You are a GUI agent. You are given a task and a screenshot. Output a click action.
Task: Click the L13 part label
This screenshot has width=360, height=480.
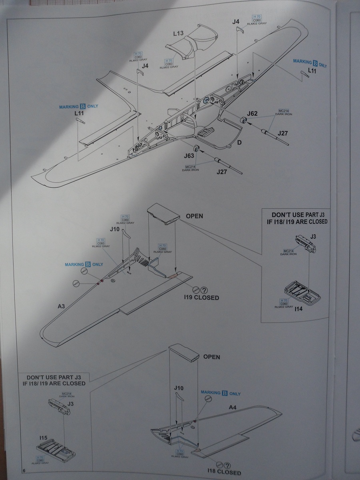(178, 33)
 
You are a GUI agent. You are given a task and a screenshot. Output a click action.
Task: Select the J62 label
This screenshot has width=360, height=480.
(252, 113)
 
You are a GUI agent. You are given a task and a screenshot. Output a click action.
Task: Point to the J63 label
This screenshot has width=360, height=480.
(189, 156)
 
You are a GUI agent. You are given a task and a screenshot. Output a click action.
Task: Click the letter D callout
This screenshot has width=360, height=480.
(240, 143)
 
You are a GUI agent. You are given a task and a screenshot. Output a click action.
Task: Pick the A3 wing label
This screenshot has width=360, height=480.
(61, 306)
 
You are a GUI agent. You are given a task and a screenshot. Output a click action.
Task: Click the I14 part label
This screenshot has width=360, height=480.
(298, 309)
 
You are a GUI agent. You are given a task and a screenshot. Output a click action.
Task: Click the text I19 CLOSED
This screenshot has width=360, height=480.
(202, 298)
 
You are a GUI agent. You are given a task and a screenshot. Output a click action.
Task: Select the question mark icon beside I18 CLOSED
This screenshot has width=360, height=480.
(227, 465)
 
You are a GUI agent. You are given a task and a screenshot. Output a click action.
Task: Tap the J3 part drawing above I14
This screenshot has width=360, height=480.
(306, 244)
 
